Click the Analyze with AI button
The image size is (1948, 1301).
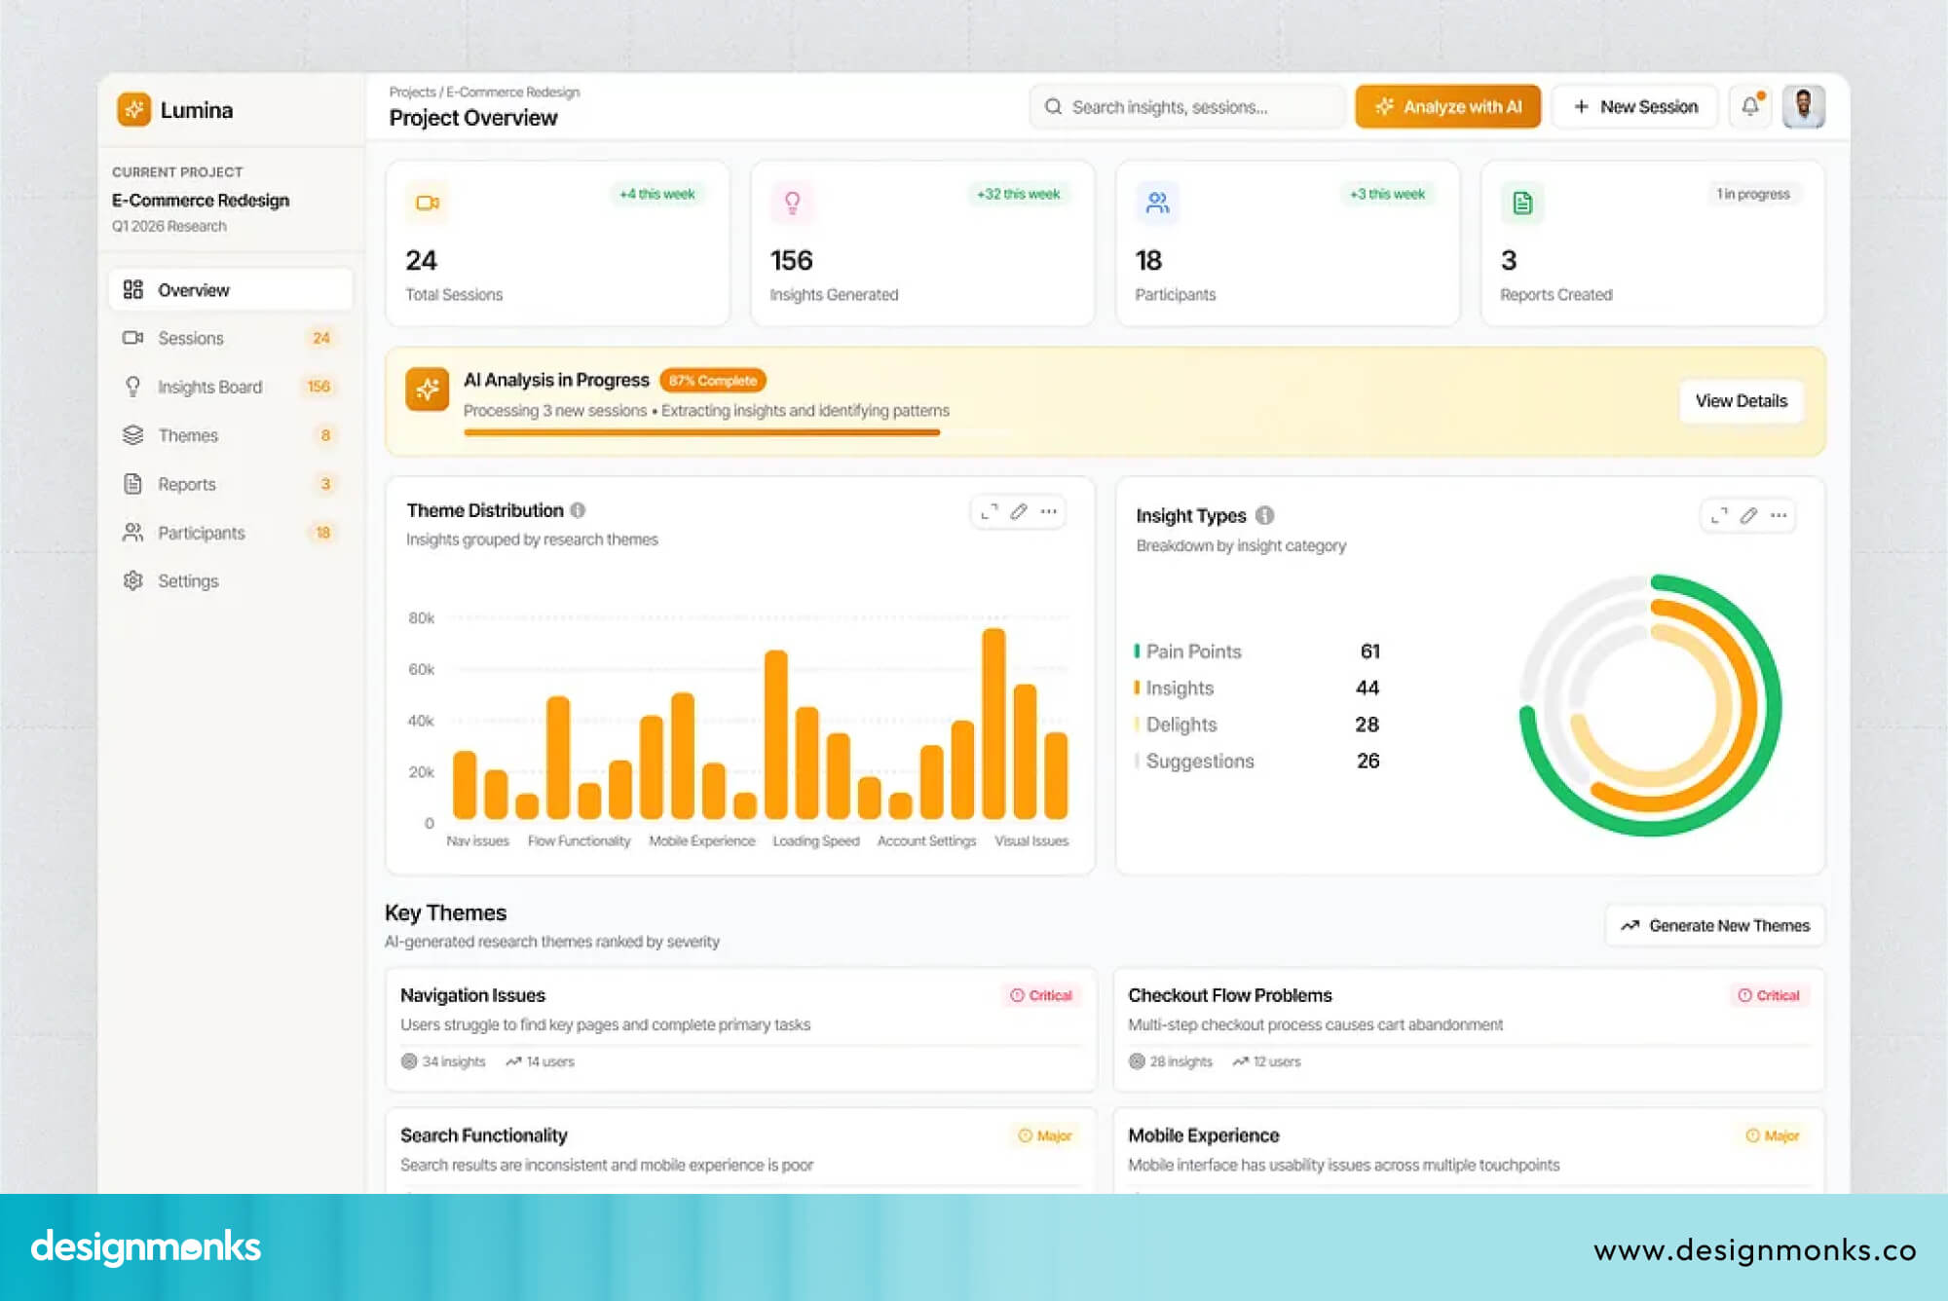point(1447,107)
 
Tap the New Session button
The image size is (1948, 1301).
point(1635,107)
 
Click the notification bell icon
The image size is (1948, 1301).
point(1750,106)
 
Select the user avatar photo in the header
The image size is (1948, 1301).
point(1803,106)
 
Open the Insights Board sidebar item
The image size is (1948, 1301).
point(209,387)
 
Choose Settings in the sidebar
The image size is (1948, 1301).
point(188,581)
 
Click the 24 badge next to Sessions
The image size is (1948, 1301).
point(321,338)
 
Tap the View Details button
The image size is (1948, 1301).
point(1741,401)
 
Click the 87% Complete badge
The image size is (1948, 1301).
point(712,381)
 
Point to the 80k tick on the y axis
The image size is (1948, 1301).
point(421,618)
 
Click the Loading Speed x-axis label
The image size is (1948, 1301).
point(815,841)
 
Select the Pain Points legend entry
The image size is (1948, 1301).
point(1193,651)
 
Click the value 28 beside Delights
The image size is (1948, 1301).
point(1367,725)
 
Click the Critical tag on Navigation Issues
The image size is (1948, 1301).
point(1041,995)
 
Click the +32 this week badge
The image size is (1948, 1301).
point(1018,194)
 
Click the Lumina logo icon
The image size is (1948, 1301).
point(134,110)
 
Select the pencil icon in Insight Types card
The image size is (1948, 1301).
point(1748,515)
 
